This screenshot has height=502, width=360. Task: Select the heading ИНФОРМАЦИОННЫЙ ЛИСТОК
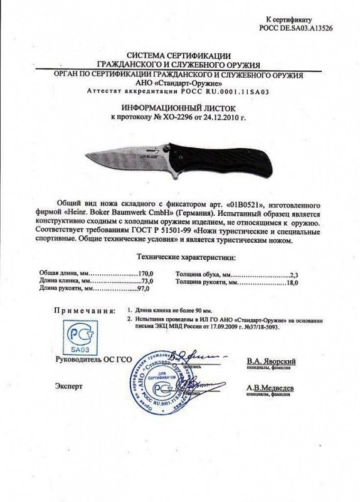click(180, 107)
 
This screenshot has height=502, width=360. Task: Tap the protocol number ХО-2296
click(180, 117)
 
